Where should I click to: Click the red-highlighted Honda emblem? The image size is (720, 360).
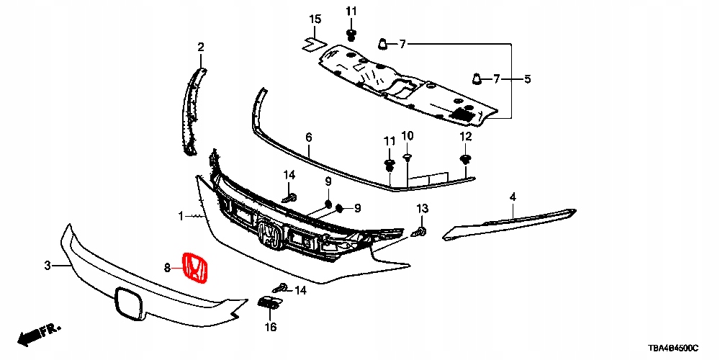tap(196, 269)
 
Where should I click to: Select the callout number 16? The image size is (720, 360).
tap(271, 328)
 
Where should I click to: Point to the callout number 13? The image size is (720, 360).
tap(423, 208)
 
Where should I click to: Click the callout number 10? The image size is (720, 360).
tap(408, 135)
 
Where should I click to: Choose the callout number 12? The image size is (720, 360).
tap(466, 136)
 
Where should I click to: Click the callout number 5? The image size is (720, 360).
tap(527, 78)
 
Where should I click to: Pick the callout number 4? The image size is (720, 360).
tap(513, 197)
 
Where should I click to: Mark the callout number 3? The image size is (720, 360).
tap(48, 266)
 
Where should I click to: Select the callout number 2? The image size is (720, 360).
tap(201, 48)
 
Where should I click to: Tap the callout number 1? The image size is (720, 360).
tap(182, 215)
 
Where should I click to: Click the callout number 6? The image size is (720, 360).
tap(308, 137)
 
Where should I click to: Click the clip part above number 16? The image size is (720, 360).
tap(268, 305)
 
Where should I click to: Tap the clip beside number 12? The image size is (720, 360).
tap(465, 159)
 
